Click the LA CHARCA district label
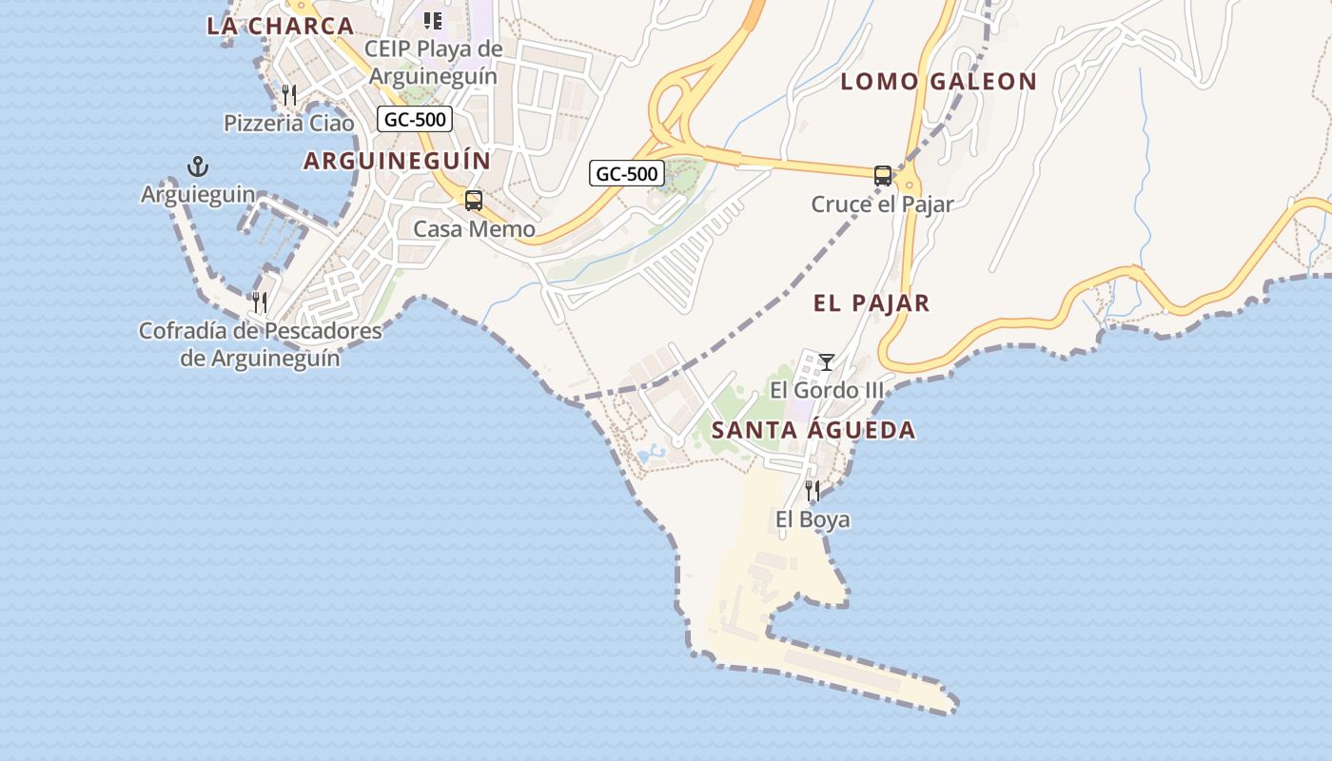click(x=280, y=26)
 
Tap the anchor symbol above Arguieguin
click(x=197, y=167)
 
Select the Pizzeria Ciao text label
click(x=288, y=123)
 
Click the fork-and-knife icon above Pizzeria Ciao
click(x=289, y=94)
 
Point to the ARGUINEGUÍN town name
click(x=397, y=161)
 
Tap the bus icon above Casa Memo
click(x=473, y=201)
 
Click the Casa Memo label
click(x=474, y=229)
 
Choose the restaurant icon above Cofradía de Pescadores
click(x=259, y=302)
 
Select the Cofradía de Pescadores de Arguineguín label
click(x=260, y=344)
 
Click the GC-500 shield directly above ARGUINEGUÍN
click(x=414, y=119)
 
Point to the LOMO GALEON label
click(x=938, y=82)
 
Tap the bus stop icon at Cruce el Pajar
click(x=883, y=175)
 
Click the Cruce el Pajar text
click(x=882, y=204)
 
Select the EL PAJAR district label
click(x=871, y=303)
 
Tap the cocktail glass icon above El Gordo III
click(x=827, y=361)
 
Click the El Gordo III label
click(x=826, y=390)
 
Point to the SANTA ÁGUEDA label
click(x=813, y=430)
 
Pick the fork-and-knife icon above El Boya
click(x=813, y=491)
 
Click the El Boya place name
click(x=813, y=519)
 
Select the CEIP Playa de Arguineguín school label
click(x=433, y=62)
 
